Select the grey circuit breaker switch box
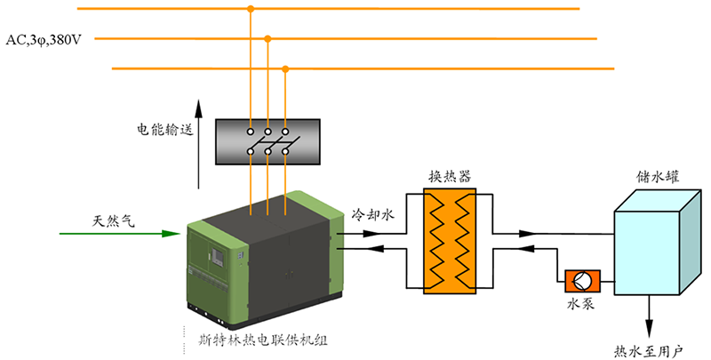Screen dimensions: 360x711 268,142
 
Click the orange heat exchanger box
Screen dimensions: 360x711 448,242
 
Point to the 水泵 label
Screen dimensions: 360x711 580,304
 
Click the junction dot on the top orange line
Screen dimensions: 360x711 251,10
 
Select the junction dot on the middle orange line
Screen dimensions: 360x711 268,38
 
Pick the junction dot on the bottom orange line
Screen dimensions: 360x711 284,68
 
